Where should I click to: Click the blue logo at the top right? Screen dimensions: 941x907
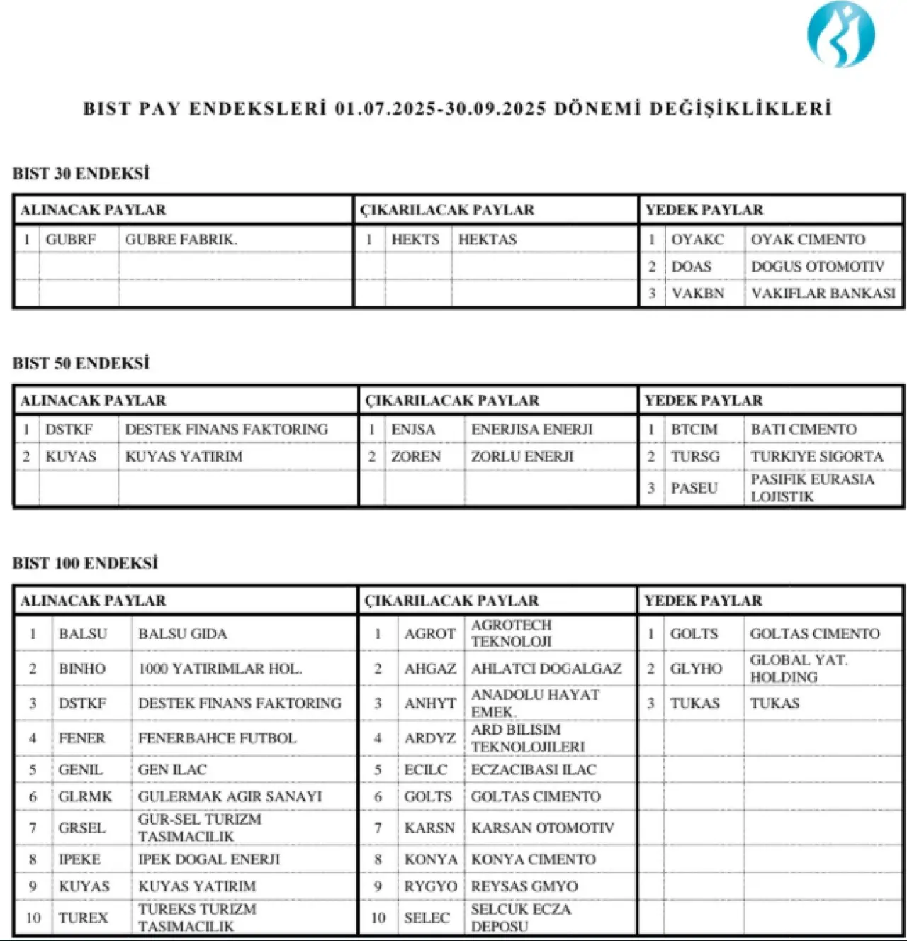pos(841,35)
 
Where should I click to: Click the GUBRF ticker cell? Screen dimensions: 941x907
pos(70,240)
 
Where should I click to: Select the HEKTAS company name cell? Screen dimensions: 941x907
pos(488,240)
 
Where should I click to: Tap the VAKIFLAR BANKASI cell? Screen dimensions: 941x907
pos(823,293)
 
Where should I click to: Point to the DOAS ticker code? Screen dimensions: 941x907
pos(691,267)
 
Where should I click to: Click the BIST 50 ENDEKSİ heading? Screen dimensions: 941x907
pos(81,363)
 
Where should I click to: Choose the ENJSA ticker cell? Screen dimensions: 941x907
pos(413,430)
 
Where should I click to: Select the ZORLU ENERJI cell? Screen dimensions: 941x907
pos(522,457)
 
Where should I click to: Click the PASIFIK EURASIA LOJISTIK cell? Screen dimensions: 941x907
pos(812,488)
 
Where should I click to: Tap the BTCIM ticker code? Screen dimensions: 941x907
pos(694,430)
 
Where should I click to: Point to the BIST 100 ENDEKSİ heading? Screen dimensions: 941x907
pos(85,564)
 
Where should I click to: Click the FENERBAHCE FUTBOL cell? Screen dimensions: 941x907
pos(217,738)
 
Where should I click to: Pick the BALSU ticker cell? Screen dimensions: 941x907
pos(83,634)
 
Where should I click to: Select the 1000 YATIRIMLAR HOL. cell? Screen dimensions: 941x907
pos(220,669)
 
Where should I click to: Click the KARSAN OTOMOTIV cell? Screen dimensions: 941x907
pos(542,828)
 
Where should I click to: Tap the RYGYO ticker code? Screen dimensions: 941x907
pos(430,886)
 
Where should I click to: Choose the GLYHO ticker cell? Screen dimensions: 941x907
pos(696,669)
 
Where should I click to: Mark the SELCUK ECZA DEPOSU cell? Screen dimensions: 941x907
pos(520,918)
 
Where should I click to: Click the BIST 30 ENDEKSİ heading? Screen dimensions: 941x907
pos(81,174)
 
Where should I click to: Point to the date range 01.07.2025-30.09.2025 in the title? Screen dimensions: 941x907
pos(440,108)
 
